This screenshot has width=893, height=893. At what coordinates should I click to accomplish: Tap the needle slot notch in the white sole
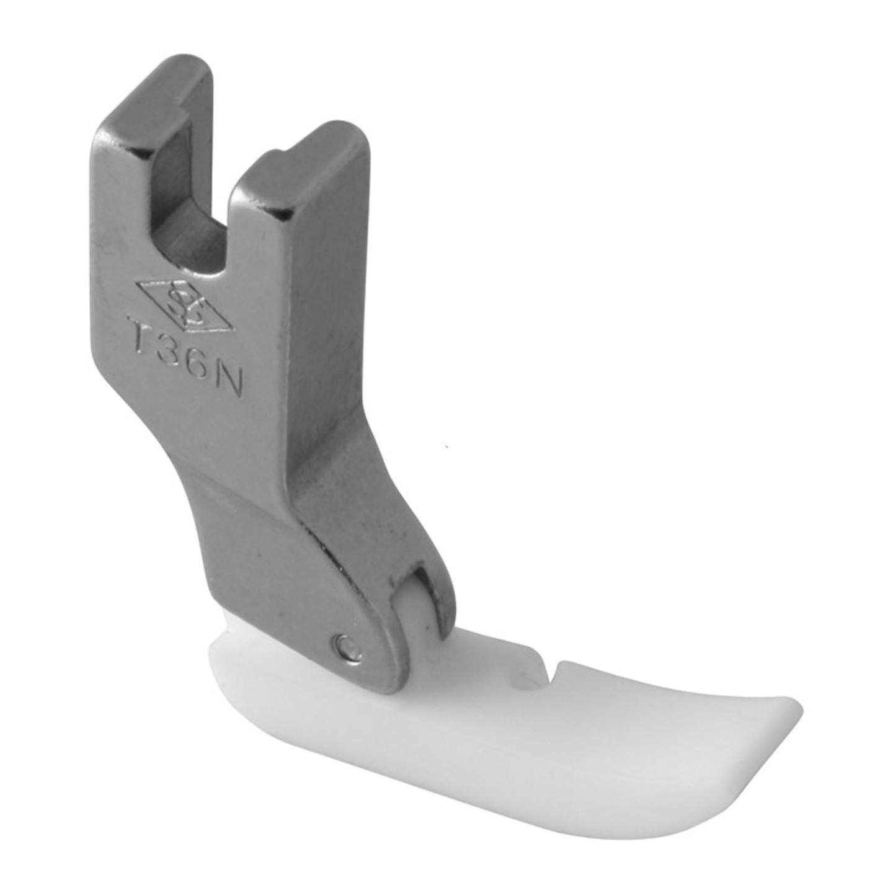coord(530,673)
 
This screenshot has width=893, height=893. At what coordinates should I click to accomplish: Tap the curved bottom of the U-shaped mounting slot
coord(192,248)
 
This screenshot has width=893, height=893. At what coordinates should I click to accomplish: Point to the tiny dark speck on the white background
coord(447,446)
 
